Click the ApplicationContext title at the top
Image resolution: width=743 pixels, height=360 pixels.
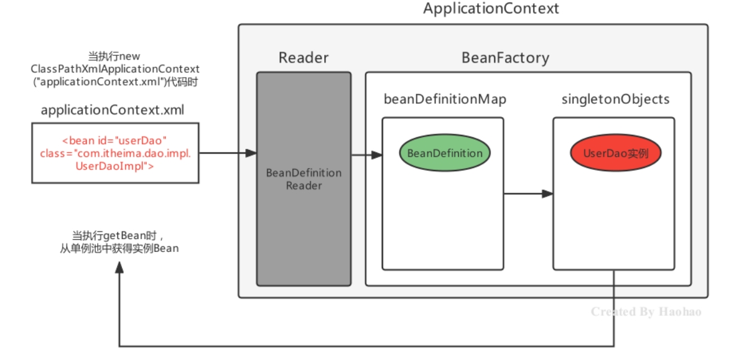point(491,8)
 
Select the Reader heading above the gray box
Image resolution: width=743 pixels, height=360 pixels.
point(304,58)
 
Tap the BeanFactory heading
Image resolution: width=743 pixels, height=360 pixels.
point(505,58)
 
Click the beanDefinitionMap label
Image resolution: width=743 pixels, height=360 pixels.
point(445,99)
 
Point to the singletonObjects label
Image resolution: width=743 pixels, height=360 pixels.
point(616,99)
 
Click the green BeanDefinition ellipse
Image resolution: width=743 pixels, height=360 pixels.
point(445,153)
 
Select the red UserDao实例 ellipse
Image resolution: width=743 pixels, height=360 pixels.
point(616,153)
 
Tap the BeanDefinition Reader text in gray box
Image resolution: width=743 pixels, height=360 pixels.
point(304,179)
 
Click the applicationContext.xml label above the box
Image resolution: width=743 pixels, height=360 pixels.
point(112,110)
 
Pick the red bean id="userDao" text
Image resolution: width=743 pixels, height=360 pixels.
point(115,141)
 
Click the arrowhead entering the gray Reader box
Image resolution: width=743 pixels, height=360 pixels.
point(251,153)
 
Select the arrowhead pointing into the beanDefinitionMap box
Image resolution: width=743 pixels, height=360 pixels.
point(377,155)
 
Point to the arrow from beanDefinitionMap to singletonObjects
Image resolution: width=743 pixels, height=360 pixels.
point(528,194)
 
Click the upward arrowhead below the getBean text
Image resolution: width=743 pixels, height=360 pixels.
point(120,268)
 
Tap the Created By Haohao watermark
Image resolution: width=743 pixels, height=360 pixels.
point(646,311)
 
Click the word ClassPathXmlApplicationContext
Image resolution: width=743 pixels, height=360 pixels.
point(115,69)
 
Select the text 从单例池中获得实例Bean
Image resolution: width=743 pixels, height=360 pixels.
point(120,248)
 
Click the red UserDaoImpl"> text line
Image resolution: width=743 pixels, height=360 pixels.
point(115,166)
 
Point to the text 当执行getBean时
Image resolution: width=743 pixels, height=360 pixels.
point(115,236)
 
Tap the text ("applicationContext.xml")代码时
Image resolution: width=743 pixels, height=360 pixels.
point(115,81)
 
